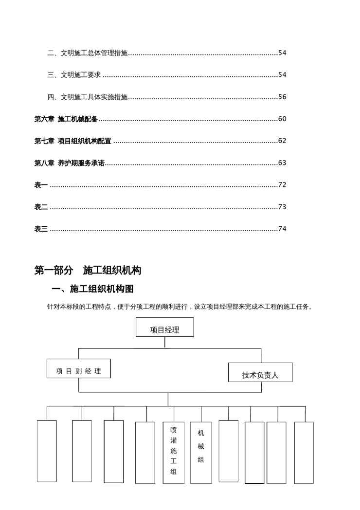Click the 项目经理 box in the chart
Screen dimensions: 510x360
[164, 329]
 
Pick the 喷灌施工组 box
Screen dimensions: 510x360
[174, 452]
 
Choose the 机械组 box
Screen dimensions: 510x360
[201, 452]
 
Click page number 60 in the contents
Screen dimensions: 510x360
[282, 119]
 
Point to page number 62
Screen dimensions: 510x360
[282, 141]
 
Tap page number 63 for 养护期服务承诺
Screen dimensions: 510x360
[282, 163]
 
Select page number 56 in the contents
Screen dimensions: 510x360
[282, 96]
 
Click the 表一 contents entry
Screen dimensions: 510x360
[41, 185]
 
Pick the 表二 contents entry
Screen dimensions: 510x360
[41, 207]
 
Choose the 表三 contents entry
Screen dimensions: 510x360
[41, 229]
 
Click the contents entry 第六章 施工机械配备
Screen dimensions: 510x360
[66, 119]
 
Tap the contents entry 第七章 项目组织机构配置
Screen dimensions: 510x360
[73, 141]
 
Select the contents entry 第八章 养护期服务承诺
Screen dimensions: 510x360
[70, 163]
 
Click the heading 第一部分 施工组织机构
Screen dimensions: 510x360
[88, 271]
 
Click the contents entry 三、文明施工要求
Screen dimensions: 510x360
[74, 74]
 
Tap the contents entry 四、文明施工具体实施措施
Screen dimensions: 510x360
[88, 96]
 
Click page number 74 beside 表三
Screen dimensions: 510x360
[282, 229]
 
